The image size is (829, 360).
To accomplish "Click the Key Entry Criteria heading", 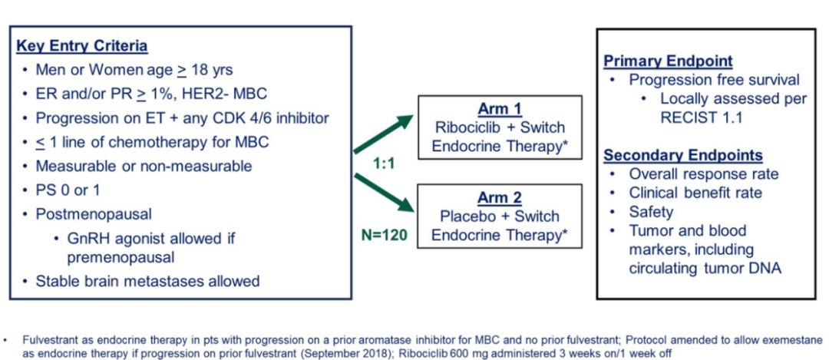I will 81,46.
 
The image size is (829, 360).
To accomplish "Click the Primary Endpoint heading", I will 668,61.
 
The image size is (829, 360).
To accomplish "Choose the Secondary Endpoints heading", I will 683,155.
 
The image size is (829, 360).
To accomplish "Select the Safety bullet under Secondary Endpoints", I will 651,212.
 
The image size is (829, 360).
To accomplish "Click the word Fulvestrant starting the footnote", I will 49,339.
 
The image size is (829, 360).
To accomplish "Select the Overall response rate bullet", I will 703,174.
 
